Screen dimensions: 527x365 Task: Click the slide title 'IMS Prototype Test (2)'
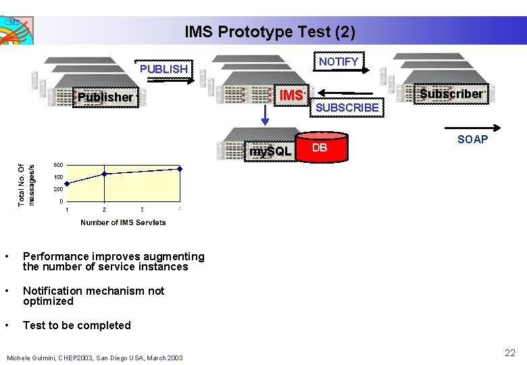[x=270, y=32]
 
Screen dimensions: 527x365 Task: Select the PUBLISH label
[x=164, y=69]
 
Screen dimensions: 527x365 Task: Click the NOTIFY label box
[x=338, y=62]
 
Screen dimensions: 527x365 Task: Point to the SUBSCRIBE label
[x=347, y=107]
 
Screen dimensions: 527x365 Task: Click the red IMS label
[x=292, y=95]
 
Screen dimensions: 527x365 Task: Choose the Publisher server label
[x=105, y=97]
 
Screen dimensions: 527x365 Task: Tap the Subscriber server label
[x=451, y=94]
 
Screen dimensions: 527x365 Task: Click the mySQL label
[x=270, y=151]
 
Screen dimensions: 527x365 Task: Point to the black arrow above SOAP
[x=471, y=127]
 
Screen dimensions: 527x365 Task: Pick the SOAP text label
[x=472, y=140]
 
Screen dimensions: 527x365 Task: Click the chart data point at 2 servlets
[x=104, y=174]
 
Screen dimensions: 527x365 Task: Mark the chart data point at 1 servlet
[x=66, y=183]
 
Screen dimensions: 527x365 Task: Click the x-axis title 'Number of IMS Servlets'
[x=123, y=222]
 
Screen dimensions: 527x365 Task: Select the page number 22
[x=509, y=353]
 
